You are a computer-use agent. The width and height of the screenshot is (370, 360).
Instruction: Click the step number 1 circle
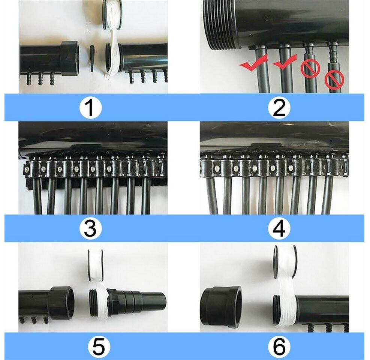point(90,107)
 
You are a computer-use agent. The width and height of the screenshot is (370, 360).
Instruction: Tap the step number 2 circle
point(279,107)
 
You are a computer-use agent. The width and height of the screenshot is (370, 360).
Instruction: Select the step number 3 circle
point(90,228)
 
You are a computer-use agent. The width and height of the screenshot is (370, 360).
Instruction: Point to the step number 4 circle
point(279,228)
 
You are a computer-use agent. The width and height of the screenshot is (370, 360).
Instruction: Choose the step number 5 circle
point(99,346)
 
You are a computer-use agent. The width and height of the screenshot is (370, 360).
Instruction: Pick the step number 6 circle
point(279,346)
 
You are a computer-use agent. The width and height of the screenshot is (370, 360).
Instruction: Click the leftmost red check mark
point(254,63)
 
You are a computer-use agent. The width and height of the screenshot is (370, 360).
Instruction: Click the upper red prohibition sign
point(310,68)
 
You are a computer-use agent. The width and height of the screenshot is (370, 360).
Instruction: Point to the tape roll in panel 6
point(285,262)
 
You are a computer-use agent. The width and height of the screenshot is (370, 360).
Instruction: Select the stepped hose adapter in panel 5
point(137,301)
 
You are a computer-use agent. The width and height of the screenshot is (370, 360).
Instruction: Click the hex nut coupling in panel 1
point(70,58)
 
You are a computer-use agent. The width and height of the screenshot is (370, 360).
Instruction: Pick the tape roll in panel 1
point(112,14)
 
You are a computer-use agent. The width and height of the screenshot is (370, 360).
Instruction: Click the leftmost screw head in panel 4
point(217,168)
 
